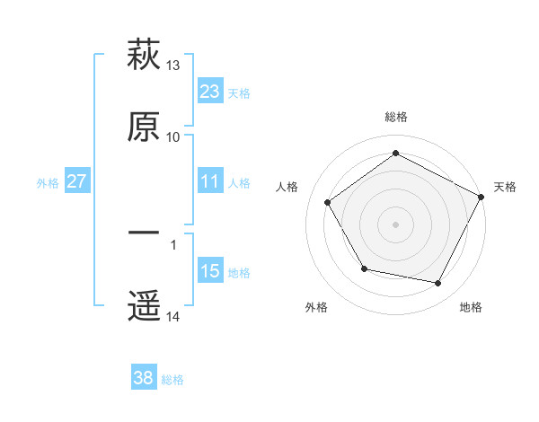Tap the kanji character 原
[x=144, y=127]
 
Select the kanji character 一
[x=144, y=233]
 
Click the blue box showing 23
[x=210, y=91]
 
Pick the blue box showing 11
[x=210, y=181]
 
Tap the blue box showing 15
[x=210, y=271]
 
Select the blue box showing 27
[x=76, y=181]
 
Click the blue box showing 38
[x=144, y=379]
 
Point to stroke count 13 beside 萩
[x=173, y=66]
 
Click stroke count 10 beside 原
[x=173, y=137]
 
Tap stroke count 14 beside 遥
[x=173, y=317]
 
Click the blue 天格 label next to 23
[x=239, y=92]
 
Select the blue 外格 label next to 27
[x=48, y=182]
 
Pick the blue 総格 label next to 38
[x=172, y=380]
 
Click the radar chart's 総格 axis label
[x=395, y=117]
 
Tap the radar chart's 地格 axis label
[x=471, y=307]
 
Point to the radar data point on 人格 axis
[x=328, y=202]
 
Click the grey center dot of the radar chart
[x=395, y=224]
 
